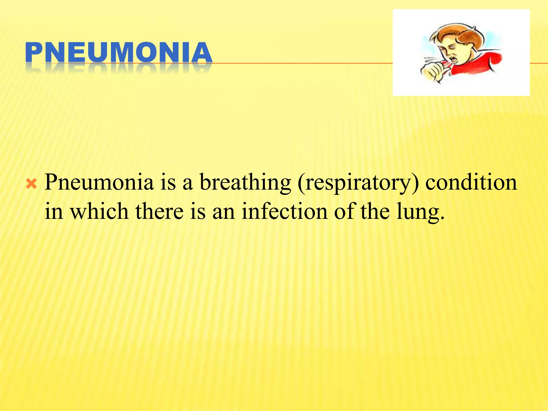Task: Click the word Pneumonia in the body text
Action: point(99,182)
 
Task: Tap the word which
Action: point(99,211)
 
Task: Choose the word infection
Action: point(284,211)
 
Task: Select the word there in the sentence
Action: point(159,211)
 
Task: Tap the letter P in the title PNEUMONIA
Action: point(34,53)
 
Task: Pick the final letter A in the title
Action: point(201,53)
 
